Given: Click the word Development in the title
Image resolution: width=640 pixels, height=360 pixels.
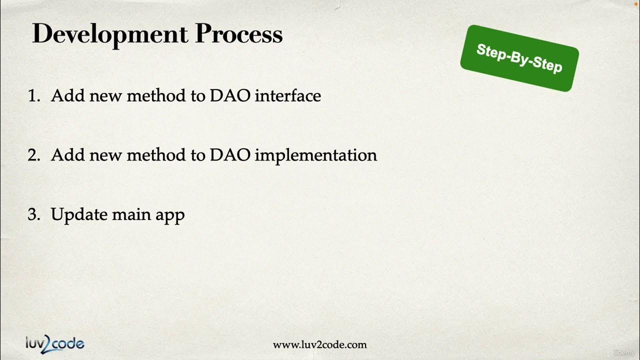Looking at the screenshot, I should [110, 35].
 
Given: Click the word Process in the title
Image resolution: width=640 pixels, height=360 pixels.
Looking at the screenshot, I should [238, 35].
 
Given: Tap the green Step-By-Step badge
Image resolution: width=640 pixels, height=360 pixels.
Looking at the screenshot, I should [519, 58].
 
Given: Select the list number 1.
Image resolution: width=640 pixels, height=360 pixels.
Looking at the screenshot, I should [33, 96].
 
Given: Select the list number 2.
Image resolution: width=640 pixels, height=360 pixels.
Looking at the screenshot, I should [33, 155].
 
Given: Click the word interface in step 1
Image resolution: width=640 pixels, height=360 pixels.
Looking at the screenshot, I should [287, 96].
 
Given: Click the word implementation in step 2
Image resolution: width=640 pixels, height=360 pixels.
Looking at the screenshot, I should [315, 155].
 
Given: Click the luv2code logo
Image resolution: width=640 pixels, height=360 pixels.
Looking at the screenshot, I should [55, 343].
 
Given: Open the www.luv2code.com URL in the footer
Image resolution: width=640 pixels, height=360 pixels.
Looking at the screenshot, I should [319, 345].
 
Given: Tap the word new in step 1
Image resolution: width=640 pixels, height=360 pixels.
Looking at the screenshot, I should [106, 96].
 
